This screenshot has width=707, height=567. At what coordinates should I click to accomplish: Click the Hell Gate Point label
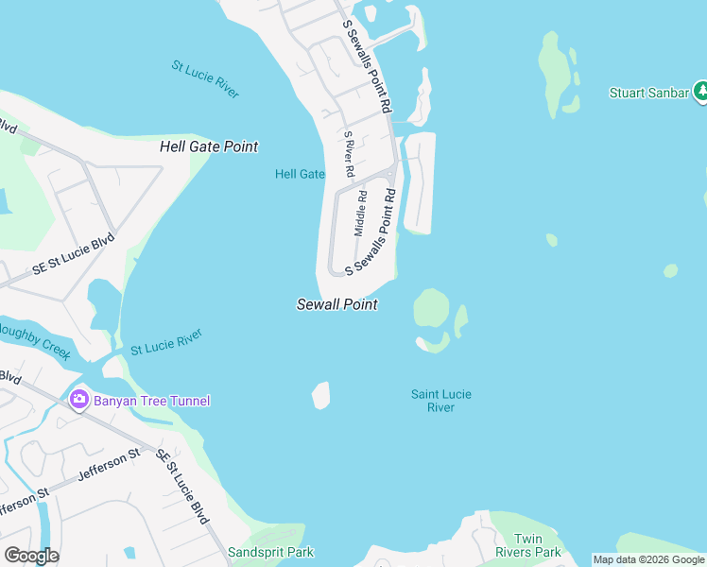(209, 147)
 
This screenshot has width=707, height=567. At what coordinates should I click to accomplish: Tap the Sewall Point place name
(337, 304)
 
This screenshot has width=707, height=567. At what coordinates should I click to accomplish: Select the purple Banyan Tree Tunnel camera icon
(78, 400)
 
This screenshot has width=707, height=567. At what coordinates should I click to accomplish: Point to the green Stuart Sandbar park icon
(700, 93)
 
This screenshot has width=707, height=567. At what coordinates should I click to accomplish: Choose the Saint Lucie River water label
(440, 401)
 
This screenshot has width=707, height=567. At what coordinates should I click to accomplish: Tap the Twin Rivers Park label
(528, 545)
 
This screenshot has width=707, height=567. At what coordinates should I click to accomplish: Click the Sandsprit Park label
(270, 552)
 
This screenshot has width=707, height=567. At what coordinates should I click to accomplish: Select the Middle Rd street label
(360, 213)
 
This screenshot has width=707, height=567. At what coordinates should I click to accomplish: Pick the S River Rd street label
(348, 154)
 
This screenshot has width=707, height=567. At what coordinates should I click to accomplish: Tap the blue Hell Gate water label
(300, 174)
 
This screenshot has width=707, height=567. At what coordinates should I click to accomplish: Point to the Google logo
(31, 556)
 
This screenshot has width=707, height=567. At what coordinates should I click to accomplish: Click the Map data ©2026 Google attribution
(648, 559)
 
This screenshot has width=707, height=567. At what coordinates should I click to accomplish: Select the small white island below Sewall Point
(321, 395)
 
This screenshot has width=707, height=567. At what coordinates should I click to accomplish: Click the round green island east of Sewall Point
(431, 306)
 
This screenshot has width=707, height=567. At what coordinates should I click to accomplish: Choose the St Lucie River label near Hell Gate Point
(205, 79)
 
